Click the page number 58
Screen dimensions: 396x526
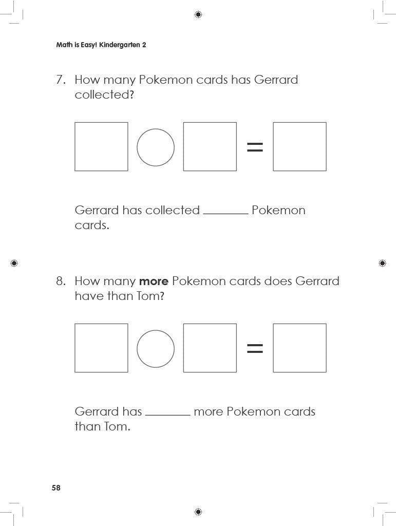(x=56, y=488)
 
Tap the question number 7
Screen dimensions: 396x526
(x=61, y=80)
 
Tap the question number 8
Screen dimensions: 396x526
(x=61, y=281)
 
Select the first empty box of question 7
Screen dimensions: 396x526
(x=75, y=146)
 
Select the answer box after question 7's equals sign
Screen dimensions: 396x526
(x=273, y=146)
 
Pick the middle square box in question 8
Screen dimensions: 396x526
(x=183, y=348)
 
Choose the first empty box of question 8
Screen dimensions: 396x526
(x=75, y=348)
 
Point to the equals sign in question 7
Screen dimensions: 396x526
(x=255, y=147)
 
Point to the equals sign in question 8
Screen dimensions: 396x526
(x=255, y=348)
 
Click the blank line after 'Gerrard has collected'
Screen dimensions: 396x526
(x=225, y=213)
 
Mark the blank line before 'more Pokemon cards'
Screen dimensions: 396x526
(x=167, y=415)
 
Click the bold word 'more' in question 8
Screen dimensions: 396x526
(x=154, y=281)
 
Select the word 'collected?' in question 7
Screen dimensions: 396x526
(x=104, y=95)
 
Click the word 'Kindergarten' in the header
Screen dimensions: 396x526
(x=119, y=45)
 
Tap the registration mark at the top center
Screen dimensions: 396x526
(x=198, y=14)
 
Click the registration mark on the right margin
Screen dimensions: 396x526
(x=382, y=263)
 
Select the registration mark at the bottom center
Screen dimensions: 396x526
(x=198, y=512)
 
